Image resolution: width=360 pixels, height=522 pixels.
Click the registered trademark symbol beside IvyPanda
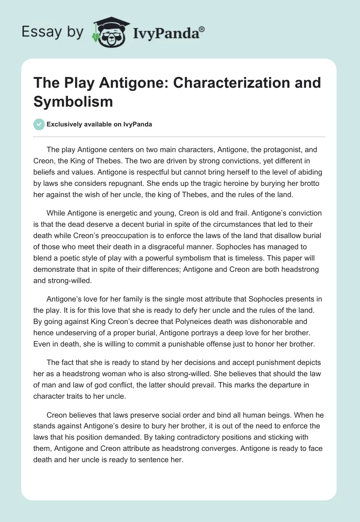[202, 29]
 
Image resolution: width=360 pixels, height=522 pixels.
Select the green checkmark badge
[39, 125]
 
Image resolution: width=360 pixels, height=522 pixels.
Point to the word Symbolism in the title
[72, 101]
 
